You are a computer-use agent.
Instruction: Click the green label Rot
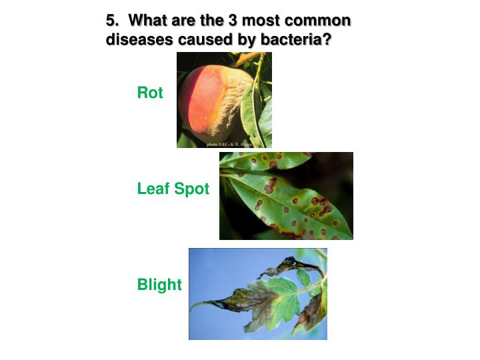click(150, 93)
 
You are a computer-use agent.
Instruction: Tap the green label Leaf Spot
click(173, 189)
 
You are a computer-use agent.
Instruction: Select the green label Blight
click(159, 285)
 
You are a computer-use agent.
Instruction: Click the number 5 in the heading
click(110, 20)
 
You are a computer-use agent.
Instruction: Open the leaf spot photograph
click(286, 195)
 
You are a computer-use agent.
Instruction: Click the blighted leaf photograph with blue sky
click(257, 294)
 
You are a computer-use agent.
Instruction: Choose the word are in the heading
click(184, 20)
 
